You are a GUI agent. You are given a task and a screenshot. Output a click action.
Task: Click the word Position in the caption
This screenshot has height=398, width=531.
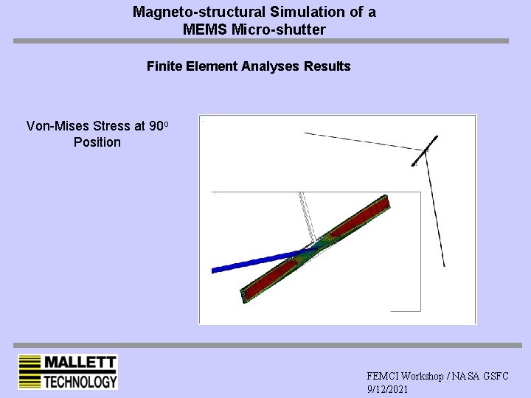(97, 142)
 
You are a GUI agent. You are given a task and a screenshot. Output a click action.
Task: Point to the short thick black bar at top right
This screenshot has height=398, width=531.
(426, 150)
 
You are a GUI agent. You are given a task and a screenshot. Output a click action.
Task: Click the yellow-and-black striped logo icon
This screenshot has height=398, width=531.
(29, 372)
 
